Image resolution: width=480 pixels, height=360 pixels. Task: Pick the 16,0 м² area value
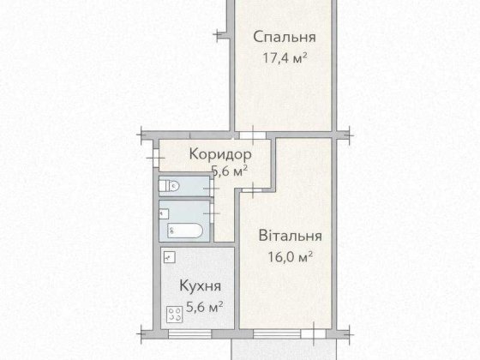click(290, 256)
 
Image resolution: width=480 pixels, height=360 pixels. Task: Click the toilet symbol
click(169, 184)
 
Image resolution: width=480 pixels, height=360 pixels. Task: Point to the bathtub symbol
click(183, 230)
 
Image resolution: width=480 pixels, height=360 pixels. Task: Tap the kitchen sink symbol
click(170, 256)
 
